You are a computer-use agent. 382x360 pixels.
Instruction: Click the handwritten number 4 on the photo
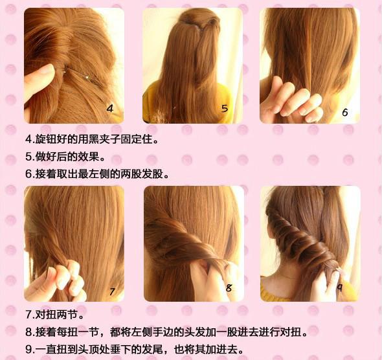click(x=109, y=109)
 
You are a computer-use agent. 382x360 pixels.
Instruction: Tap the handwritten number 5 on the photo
click(x=224, y=108)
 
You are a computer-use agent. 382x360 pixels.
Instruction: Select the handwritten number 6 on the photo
click(x=344, y=112)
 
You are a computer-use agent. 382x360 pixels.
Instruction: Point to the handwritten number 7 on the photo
click(x=111, y=292)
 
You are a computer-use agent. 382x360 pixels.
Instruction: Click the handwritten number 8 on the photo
click(x=229, y=288)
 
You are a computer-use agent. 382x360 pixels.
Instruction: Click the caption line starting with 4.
click(x=91, y=139)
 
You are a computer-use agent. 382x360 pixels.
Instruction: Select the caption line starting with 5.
click(x=65, y=157)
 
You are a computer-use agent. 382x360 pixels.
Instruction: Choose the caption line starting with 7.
click(x=55, y=316)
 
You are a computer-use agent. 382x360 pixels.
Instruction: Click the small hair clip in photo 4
click(x=86, y=76)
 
